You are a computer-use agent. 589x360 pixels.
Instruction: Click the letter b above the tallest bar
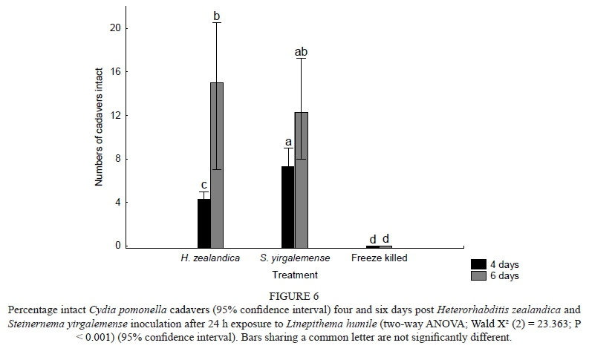(217, 15)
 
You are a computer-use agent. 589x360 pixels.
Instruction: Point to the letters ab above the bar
(301, 51)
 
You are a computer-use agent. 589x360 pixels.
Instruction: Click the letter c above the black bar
(204, 185)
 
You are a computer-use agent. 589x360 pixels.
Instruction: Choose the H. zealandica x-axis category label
(210, 258)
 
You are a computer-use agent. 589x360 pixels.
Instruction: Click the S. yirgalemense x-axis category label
(293, 258)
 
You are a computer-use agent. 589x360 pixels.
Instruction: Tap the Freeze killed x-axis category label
(379, 258)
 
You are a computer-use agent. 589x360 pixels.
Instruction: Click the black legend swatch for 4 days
(479, 264)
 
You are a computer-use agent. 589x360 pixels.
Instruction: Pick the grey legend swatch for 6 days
(479, 275)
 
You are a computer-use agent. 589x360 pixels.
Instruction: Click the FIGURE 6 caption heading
(294, 295)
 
